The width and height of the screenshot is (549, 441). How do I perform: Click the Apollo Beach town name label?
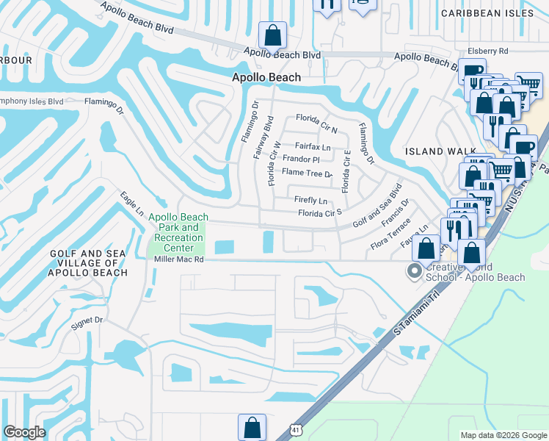266,77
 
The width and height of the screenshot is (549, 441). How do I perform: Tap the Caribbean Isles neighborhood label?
493,13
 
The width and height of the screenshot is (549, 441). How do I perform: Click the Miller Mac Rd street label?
178,259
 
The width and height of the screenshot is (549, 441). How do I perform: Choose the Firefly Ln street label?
310,200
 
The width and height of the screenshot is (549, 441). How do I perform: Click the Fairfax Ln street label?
313,147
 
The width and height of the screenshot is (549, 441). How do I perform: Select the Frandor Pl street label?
302,159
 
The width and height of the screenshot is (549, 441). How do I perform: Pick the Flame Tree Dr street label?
308,173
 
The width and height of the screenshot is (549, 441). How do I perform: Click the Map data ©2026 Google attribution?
503,435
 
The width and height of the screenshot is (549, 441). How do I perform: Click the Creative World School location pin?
415,272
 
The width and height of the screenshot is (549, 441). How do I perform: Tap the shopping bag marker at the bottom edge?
252,427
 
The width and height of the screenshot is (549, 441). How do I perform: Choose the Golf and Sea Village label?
89,262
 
